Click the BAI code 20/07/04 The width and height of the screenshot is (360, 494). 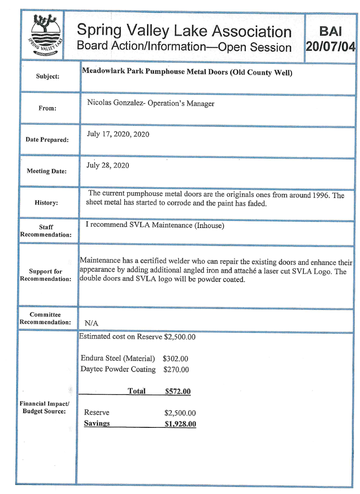point(331,47)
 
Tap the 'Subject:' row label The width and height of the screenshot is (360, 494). point(48,76)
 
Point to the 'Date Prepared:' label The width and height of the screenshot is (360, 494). point(47,140)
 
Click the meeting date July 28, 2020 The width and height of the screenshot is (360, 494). point(107,166)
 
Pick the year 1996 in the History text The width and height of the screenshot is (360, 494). point(321,195)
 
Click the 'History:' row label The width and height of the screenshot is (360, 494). point(46,203)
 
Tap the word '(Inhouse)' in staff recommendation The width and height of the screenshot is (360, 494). point(209,226)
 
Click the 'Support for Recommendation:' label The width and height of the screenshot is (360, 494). point(46,275)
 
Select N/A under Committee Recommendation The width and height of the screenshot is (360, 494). point(91,323)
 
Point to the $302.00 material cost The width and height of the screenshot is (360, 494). point(175,359)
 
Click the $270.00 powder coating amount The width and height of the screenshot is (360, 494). point(176,370)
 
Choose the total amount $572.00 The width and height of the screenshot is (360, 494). point(177,392)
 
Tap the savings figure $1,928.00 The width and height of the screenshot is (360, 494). point(180,424)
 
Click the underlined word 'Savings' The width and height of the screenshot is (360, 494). point(97,424)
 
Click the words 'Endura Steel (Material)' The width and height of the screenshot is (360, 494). point(118,359)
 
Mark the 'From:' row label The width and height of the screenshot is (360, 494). point(48,109)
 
